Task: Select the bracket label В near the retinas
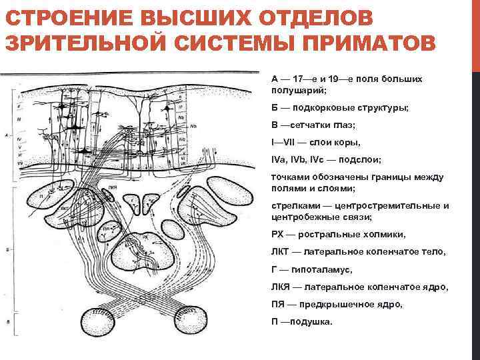(x=7, y=322)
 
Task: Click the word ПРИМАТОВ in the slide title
(x=373, y=42)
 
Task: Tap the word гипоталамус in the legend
(x=323, y=270)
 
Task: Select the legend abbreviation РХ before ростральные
(x=278, y=235)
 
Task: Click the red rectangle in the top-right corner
(x=476, y=33)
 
